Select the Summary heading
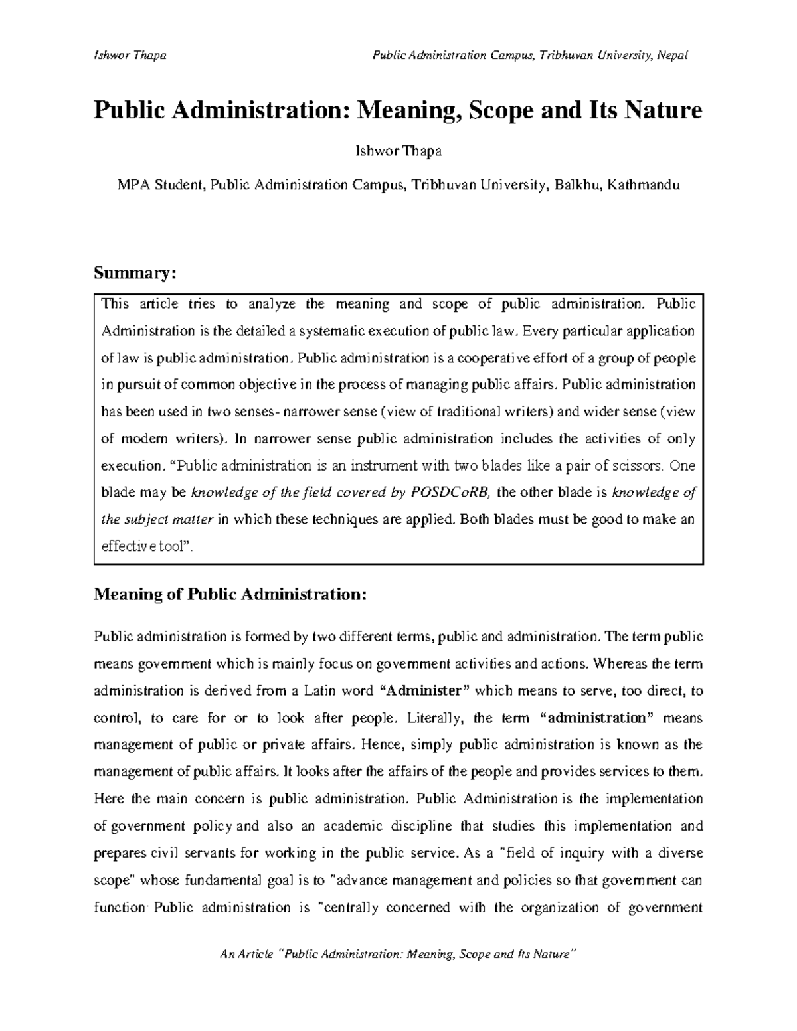135,273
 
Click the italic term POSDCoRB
450,492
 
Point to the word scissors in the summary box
636,465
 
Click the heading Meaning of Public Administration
230,594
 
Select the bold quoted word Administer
423,691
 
